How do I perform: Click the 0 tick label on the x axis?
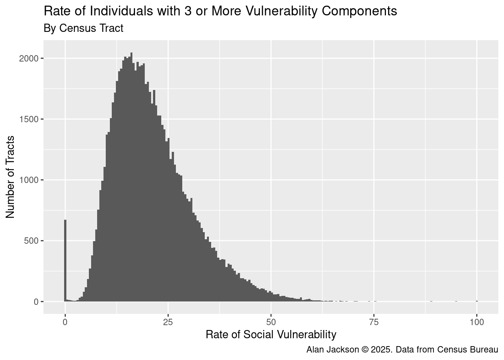65,322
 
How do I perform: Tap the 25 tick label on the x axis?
168,322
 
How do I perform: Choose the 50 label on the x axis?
271,322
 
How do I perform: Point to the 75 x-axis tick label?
374,322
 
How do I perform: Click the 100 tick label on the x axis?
477,322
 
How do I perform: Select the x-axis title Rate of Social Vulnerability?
271,334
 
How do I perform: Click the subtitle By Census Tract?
83,28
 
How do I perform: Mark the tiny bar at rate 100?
477,301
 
